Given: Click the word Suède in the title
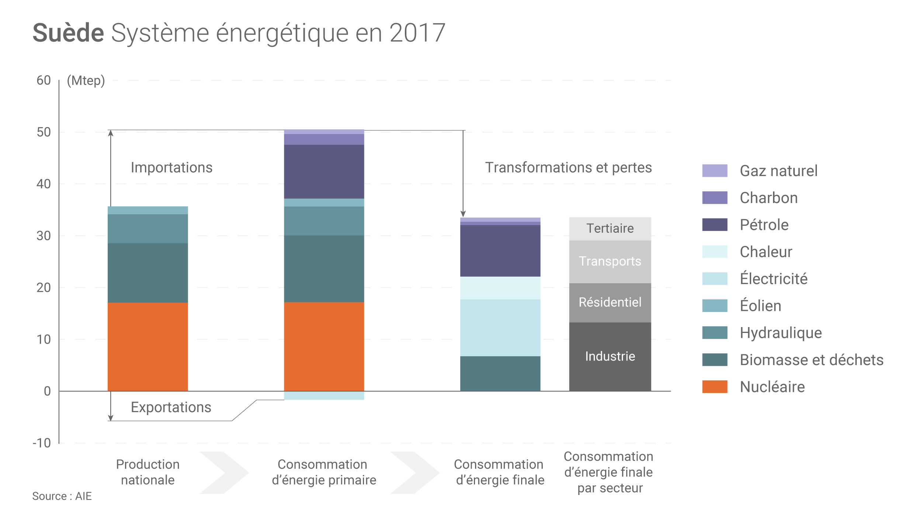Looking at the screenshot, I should coord(68,33).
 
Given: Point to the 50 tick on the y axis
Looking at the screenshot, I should coord(44,132).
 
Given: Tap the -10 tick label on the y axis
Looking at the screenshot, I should coord(42,443).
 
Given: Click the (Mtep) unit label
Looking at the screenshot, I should coord(86,80).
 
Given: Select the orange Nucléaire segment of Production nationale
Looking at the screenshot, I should coord(148,346).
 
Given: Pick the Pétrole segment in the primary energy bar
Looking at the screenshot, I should coord(324,172).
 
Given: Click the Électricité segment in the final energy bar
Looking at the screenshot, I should coord(500,328).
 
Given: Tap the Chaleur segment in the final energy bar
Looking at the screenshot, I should coord(500,288).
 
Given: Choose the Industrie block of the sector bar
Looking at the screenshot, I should coord(610,357).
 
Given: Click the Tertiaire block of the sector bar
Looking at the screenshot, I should coord(610,228).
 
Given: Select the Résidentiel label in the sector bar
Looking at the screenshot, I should coord(610,302).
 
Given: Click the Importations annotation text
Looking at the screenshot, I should coord(171,168).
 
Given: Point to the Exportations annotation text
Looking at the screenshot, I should coord(171,407).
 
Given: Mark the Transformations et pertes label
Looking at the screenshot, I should coord(568,168).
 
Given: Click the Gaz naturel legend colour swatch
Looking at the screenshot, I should coord(714,171).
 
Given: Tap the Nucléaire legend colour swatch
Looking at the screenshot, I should coord(714,387).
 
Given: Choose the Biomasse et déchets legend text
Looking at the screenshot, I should coord(811,360).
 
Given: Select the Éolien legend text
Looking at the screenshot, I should coord(760,306).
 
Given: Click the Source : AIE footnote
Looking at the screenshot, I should coord(62,496).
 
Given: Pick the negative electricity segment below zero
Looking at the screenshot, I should coord(324,396).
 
